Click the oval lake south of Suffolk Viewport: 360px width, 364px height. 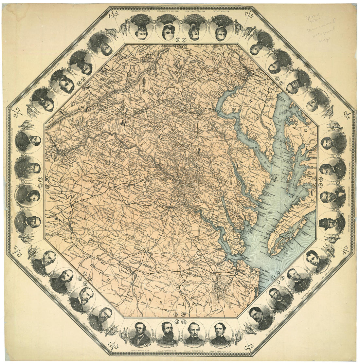click(216, 288)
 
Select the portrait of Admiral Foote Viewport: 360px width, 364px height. click(140, 334)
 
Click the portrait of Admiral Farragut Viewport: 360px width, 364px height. click(220, 334)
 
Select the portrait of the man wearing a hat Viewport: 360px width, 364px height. click(331, 223)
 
